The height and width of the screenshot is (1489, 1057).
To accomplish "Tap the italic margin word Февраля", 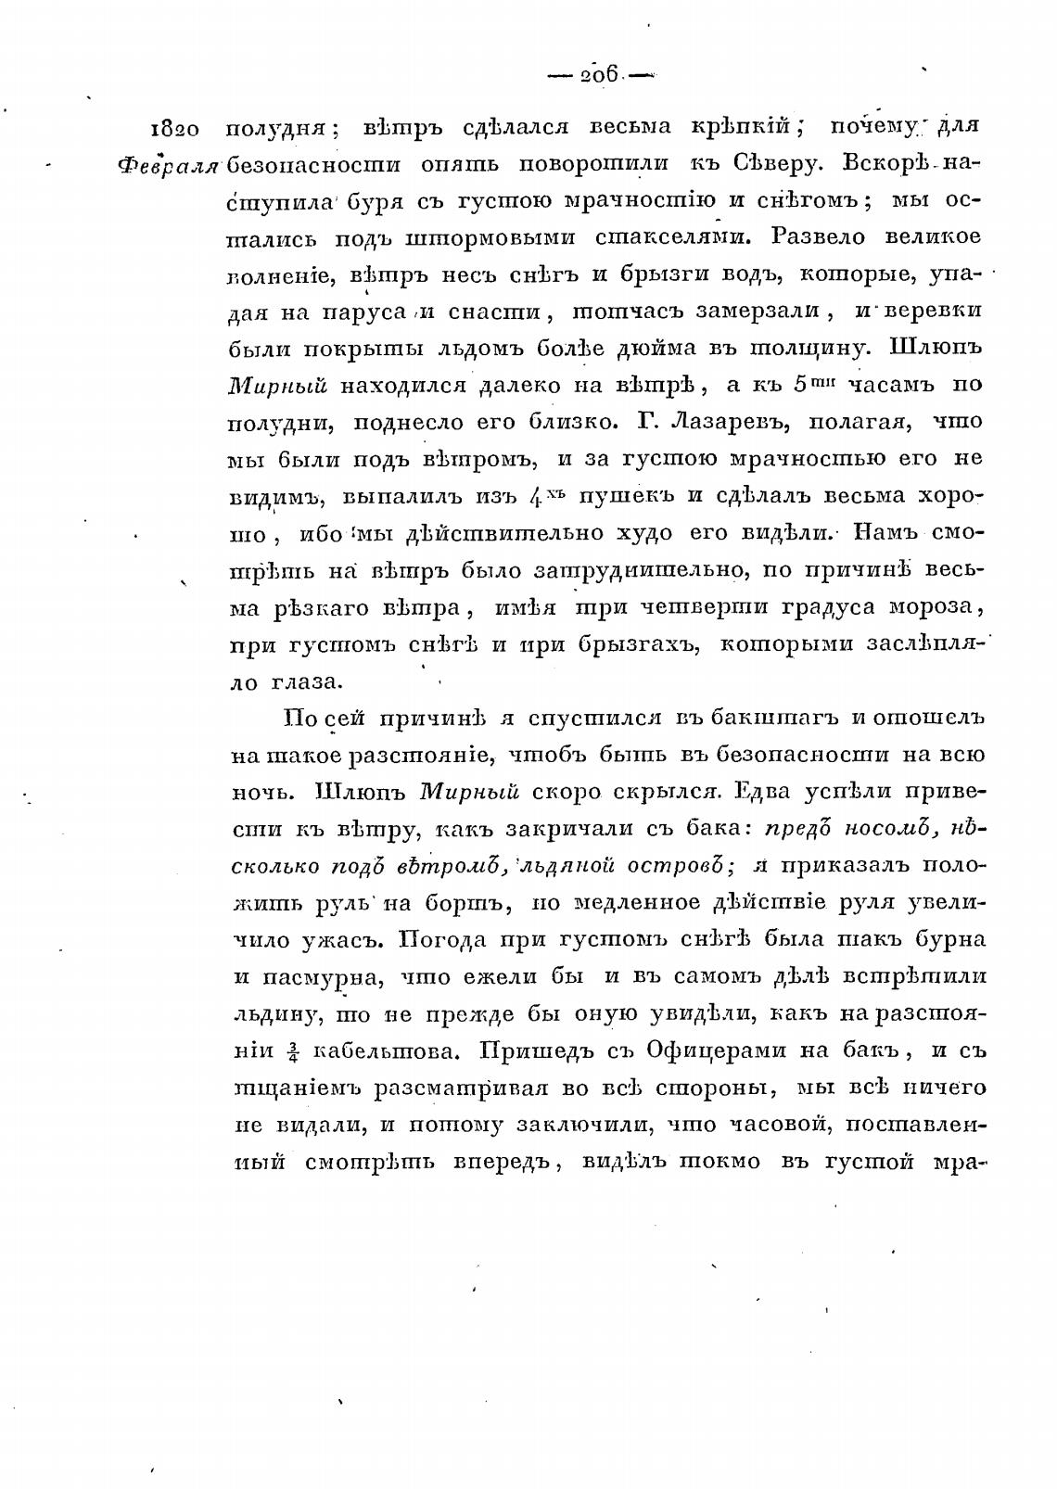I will [x=168, y=166].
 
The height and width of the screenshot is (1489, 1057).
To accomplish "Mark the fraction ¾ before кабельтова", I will [x=293, y=1051].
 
